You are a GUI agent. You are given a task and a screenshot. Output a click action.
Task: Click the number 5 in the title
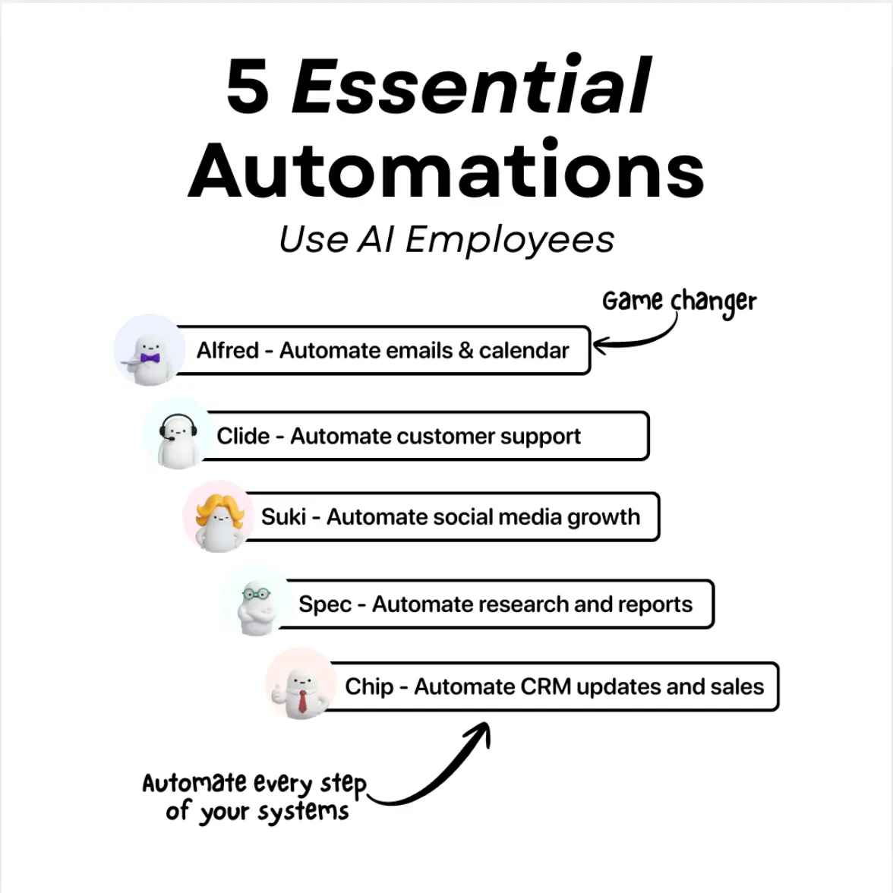248,87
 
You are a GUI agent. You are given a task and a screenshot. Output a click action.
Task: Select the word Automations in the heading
446,171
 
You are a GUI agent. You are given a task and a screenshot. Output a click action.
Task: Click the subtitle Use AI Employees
446,240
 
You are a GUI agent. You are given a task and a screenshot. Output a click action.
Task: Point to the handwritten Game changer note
679,301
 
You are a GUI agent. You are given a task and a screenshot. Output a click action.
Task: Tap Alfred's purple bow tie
150,358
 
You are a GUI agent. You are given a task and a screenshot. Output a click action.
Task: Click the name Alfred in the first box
227,351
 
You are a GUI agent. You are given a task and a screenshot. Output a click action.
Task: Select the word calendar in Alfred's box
523,351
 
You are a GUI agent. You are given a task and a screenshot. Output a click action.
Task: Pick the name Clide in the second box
243,437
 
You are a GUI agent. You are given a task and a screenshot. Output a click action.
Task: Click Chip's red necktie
302,699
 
